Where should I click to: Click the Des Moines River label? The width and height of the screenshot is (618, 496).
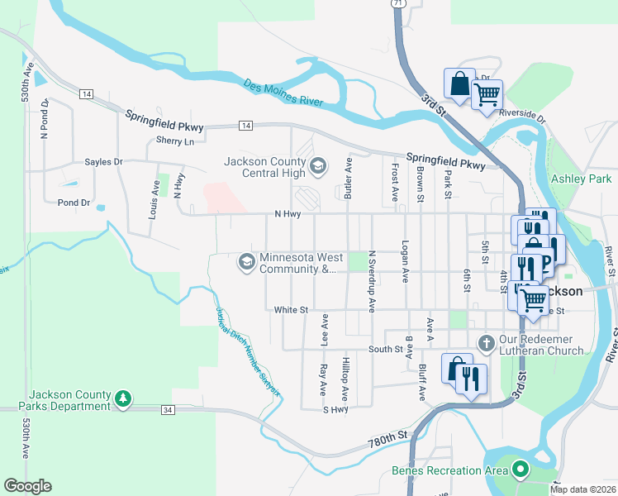click(x=283, y=93)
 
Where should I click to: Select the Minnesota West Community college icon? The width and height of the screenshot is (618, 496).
click(x=245, y=262)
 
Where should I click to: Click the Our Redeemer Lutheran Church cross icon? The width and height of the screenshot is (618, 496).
click(x=487, y=343)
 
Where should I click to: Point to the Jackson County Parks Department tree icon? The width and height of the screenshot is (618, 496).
click(x=123, y=399)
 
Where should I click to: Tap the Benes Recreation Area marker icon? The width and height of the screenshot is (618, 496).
click(x=520, y=470)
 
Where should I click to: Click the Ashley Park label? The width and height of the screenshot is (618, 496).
click(x=582, y=179)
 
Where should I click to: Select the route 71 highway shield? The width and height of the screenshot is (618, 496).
click(x=399, y=4)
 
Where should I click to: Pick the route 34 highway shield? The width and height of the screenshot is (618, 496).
click(x=168, y=409)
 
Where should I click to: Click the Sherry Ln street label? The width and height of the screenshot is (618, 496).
click(x=174, y=141)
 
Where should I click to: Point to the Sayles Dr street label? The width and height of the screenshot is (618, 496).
click(x=103, y=162)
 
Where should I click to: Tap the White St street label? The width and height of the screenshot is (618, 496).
click(x=291, y=310)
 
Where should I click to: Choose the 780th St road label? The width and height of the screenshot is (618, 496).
click(x=389, y=435)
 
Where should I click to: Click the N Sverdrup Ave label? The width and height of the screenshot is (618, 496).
click(x=372, y=281)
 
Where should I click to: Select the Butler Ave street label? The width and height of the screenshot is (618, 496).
click(x=348, y=179)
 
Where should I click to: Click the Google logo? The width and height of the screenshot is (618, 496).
click(x=27, y=486)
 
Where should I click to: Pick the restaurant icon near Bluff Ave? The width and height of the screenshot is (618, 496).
click(x=472, y=378)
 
